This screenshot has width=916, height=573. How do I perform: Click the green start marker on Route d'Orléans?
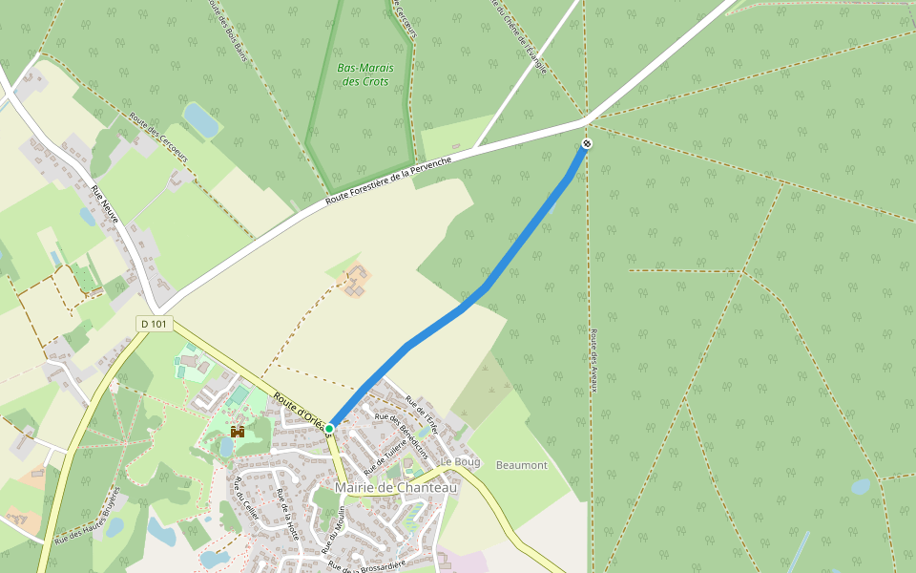(x=329, y=429)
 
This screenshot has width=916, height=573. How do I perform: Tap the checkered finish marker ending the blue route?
(x=586, y=144)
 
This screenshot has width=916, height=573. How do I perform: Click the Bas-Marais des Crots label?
(x=364, y=74)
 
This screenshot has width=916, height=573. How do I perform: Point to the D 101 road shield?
(x=153, y=325)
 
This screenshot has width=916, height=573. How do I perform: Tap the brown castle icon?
(x=237, y=433)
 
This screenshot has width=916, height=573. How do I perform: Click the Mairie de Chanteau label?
(x=396, y=488)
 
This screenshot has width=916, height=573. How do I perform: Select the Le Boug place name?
(x=460, y=461)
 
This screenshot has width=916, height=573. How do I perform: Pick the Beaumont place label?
(x=521, y=465)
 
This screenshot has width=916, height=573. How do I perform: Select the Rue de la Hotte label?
(x=287, y=515)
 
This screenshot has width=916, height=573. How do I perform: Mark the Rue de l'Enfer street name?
(x=421, y=412)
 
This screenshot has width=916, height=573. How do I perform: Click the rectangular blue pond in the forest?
(x=200, y=119)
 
